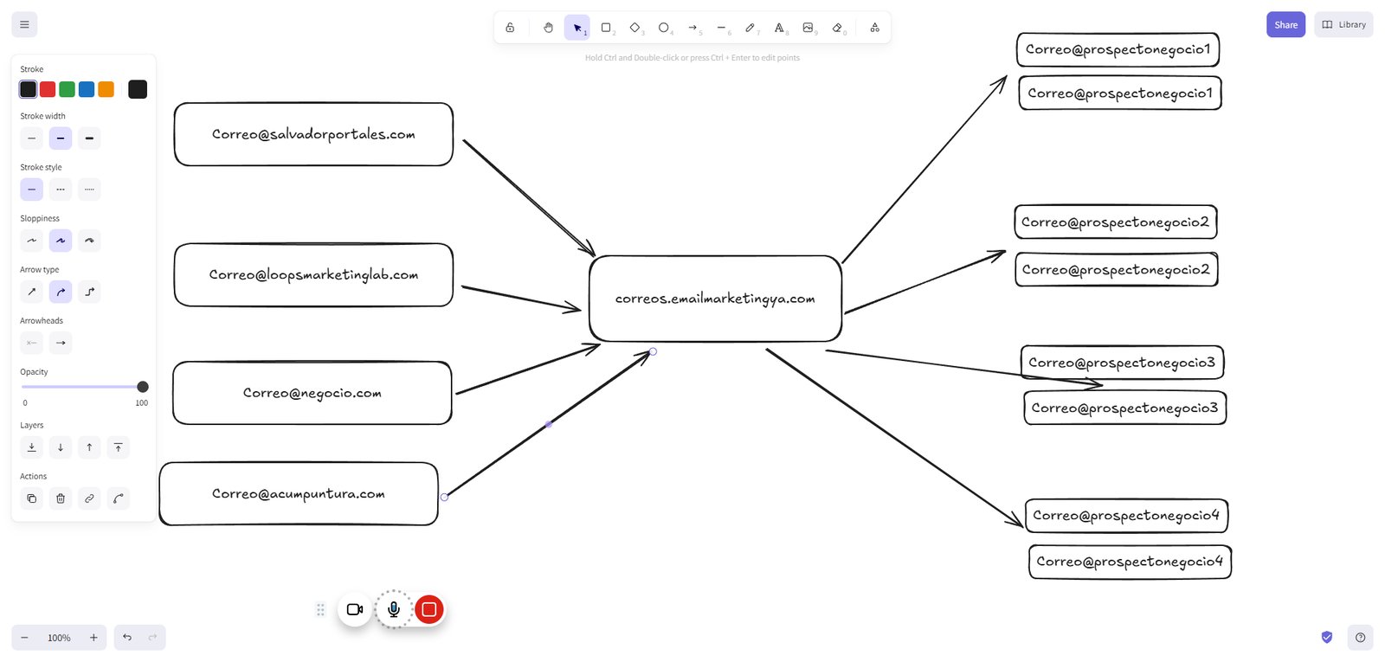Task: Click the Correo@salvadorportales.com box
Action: point(313,134)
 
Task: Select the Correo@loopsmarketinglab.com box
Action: point(313,274)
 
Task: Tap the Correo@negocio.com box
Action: point(312,393)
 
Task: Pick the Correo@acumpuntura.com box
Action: point(299,493)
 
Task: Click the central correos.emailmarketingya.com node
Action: point(715,299)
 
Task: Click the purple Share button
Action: point(1285,25)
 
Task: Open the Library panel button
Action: point(1343,25)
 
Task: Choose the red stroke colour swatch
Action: point(48,89)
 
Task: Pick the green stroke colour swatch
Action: point(67,89)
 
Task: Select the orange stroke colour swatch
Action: point(106,89)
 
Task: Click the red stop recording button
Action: point(429,609)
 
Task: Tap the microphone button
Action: point(393,609)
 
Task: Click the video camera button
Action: point(355,609)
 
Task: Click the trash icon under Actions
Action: point(61,498)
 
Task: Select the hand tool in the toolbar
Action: point(548,27)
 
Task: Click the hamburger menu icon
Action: point(25,25)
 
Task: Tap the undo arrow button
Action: point(127,637)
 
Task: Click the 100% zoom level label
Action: point(59,638)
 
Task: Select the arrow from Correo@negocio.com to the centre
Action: point(528,369)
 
